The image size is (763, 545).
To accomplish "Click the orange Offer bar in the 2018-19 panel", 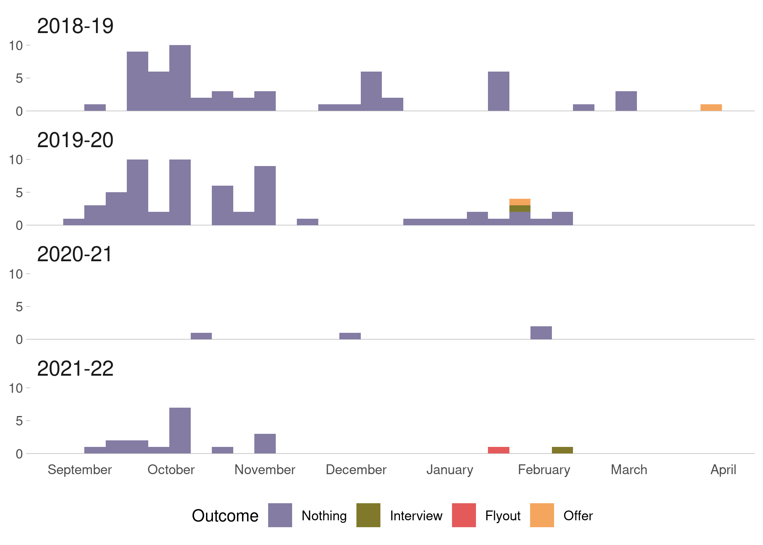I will (711, 108).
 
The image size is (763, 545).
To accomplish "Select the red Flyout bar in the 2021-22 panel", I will (498, 450).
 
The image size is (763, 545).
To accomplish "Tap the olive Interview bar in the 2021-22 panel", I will (562, 450).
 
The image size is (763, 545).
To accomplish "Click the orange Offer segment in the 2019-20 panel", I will (520, 202).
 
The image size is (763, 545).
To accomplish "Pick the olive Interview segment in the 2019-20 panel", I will (520, 209).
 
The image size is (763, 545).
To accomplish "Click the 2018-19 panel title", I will (75, 26).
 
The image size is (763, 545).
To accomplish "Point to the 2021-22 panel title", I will (75, 369).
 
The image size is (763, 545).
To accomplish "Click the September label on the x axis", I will (80, 470).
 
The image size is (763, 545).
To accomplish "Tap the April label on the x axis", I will (723, 470).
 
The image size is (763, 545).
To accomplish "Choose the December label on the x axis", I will (356, 470).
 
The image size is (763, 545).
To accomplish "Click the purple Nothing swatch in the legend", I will (280, 515).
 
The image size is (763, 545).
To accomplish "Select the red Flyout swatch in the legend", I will (464, 515).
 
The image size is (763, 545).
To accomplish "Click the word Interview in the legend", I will (416, 516).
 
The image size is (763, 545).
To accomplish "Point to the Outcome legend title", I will (225, 516).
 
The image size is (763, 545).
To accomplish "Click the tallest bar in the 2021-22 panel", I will (180, 431).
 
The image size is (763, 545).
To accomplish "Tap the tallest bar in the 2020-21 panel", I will (541, 333).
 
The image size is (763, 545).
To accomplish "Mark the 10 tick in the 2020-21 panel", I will (16, 274).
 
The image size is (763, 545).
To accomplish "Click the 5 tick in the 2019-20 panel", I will (19, 193).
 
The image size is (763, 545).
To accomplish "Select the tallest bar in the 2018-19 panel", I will (180, 78).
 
